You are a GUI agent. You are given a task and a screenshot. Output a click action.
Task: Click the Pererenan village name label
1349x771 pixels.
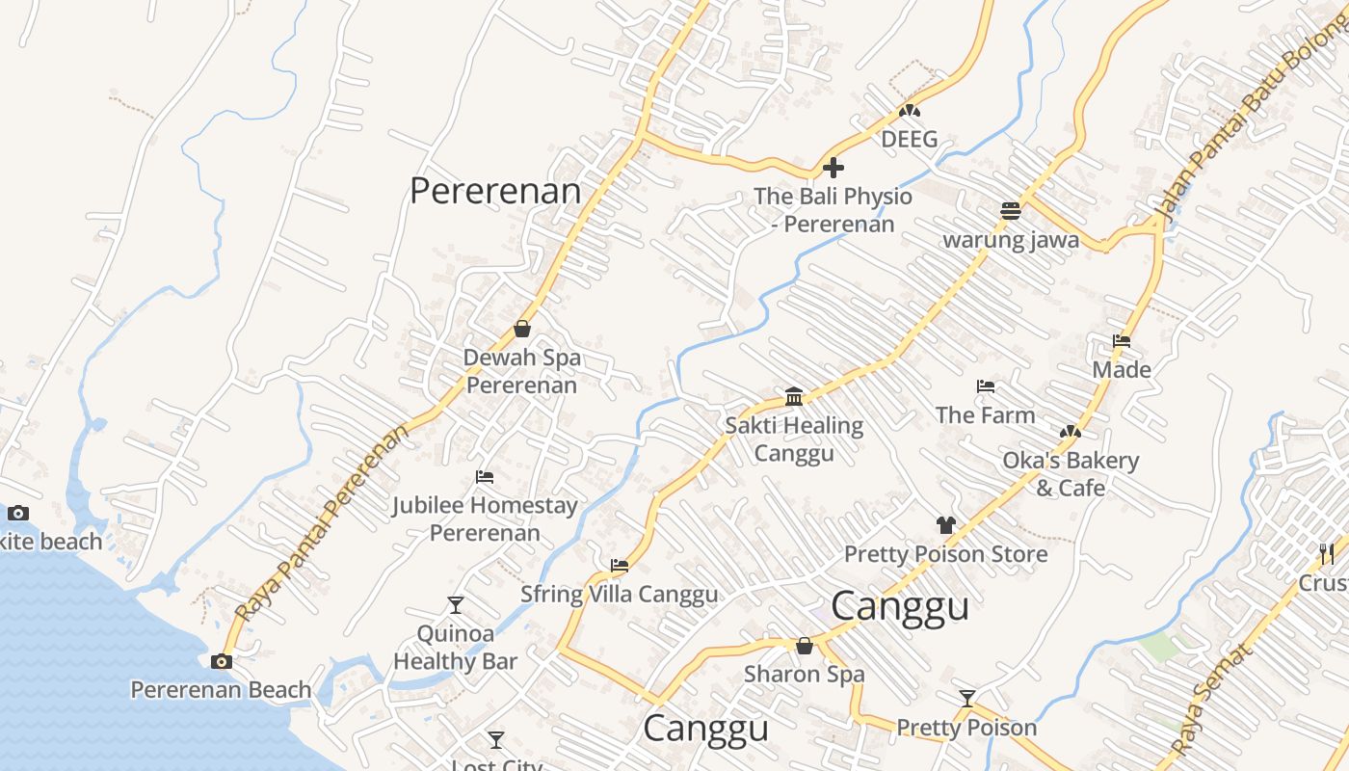tap(495, 191)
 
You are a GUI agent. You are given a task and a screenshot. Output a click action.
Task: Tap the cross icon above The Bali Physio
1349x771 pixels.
tap(833, 168)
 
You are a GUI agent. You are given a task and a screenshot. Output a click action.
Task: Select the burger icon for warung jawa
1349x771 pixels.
tap(1010, 211)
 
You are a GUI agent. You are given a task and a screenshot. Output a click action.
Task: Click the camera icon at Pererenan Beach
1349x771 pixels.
tap(222, 661)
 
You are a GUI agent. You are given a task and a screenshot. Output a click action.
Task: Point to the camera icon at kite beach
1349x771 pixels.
tap(18, 513)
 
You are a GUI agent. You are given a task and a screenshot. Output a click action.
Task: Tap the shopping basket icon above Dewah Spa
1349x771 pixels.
tap(521, 329)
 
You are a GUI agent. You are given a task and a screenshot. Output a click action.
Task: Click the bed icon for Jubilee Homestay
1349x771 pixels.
tap(485, 477)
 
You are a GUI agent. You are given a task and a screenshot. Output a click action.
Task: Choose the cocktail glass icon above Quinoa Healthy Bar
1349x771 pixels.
tap(456, 605)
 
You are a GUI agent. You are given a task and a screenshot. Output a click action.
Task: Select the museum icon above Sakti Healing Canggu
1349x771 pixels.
tap(794, 396)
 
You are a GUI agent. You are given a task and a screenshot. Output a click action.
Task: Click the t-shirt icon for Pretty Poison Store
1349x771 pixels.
tap(945, 525)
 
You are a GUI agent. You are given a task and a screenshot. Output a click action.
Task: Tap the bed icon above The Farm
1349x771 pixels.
tap(985, 386)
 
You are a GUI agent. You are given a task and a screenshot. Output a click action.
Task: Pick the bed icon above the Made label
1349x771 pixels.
tap(1121, 341)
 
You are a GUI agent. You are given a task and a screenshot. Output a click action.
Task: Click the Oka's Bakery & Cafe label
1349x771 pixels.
tap(1071, 473)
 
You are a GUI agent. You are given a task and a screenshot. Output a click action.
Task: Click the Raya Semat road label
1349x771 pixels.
tap(1213, 699)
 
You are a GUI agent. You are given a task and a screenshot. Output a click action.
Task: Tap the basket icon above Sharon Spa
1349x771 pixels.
tap(805, 646)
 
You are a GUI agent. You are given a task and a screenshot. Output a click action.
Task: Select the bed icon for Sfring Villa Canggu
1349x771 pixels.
tap(619, 566)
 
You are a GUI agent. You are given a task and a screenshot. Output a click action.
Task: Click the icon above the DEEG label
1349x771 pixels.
tap(909, 111)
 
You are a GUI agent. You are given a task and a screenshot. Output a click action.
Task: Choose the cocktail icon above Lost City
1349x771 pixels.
tap(495, 740)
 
